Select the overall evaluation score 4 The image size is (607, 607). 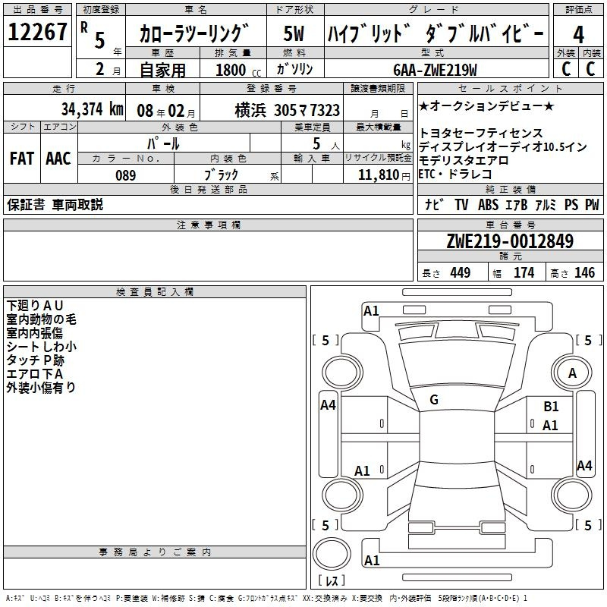[578, 35]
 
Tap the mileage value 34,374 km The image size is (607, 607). [90, 109]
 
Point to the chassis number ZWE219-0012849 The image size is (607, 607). [510, 242]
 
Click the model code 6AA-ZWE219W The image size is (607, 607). [435, 70]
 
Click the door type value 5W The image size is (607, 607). [294, 35]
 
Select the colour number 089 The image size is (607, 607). [125, 175]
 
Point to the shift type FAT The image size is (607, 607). [21, 158]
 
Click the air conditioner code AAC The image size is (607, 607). [58, 158]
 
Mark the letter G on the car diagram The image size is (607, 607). [434, 400]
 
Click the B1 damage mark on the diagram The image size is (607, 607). [551, 407]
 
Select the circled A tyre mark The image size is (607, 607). [572, 373]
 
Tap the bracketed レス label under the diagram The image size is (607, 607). [332, 583]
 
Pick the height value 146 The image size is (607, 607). [584, 273]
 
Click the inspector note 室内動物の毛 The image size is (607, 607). [41, 319]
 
